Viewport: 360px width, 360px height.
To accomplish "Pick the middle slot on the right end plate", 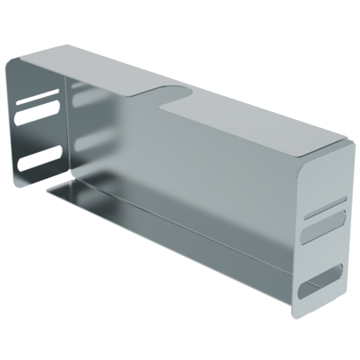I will click(324, 228).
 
